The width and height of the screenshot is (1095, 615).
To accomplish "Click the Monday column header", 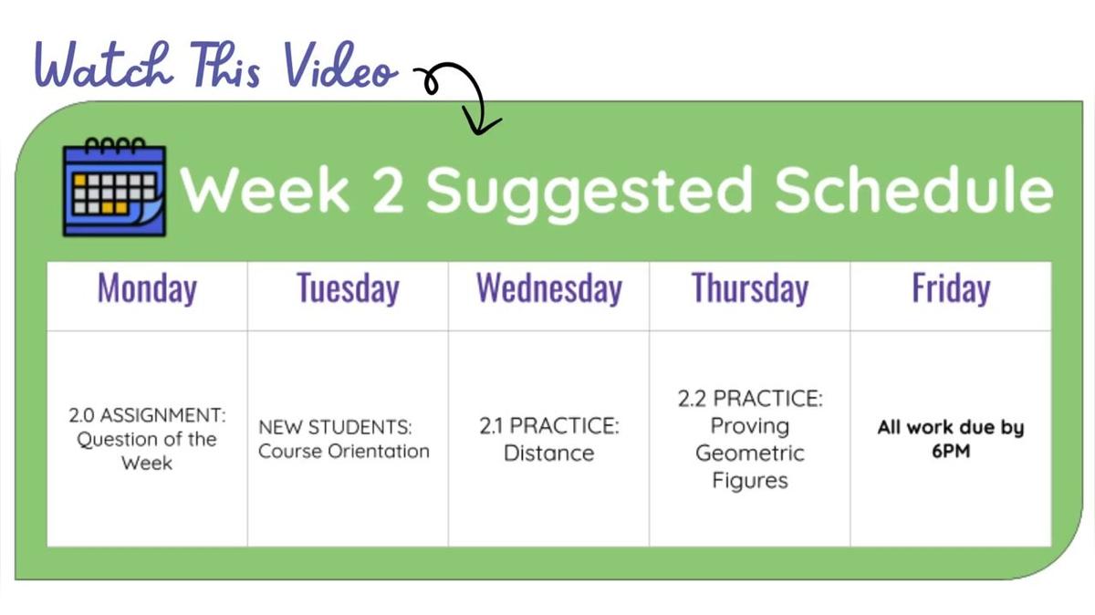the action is click(x=147, y=288).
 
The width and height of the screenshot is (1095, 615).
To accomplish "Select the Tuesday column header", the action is click(x=348, y=288).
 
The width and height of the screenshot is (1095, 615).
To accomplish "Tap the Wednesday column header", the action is click(x=549, y=288).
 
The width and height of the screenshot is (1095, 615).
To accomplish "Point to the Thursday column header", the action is click(x=750, y=288).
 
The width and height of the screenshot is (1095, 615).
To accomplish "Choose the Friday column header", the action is click(x=951, y=288).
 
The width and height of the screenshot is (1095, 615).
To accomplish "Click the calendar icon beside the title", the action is click(x=114, y=187).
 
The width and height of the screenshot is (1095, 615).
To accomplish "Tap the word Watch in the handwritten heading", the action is click(x=104, y=66).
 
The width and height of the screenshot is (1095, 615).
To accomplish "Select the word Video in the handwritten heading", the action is click(x=341, y=66).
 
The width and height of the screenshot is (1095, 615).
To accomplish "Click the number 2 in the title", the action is click(x=387, y=190).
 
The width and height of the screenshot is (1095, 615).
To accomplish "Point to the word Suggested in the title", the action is click(x=589, y=194).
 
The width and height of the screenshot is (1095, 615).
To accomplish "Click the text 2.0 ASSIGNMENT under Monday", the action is click(x=147, y=415).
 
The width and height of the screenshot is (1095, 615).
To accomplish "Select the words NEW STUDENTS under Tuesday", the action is click(x=336, y=427).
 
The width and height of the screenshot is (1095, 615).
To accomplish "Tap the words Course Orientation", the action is click(x=344, y=452).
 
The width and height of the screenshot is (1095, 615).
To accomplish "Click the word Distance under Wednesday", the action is click(x=549, y=453).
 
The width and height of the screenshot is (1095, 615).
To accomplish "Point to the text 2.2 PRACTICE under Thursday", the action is click(x=750, y=399).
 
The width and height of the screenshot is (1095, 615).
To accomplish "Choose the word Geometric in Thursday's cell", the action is click(x=750, y=453).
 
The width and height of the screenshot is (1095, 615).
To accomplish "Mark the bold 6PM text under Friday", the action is click(x=951, y=451).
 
